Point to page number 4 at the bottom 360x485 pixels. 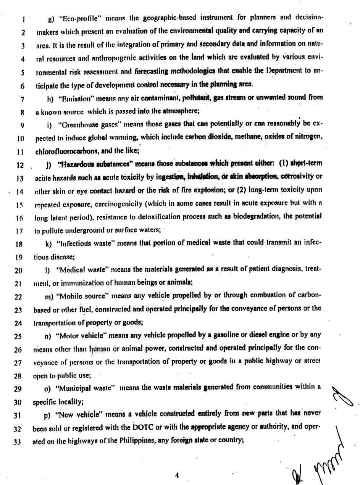(176, 475)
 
